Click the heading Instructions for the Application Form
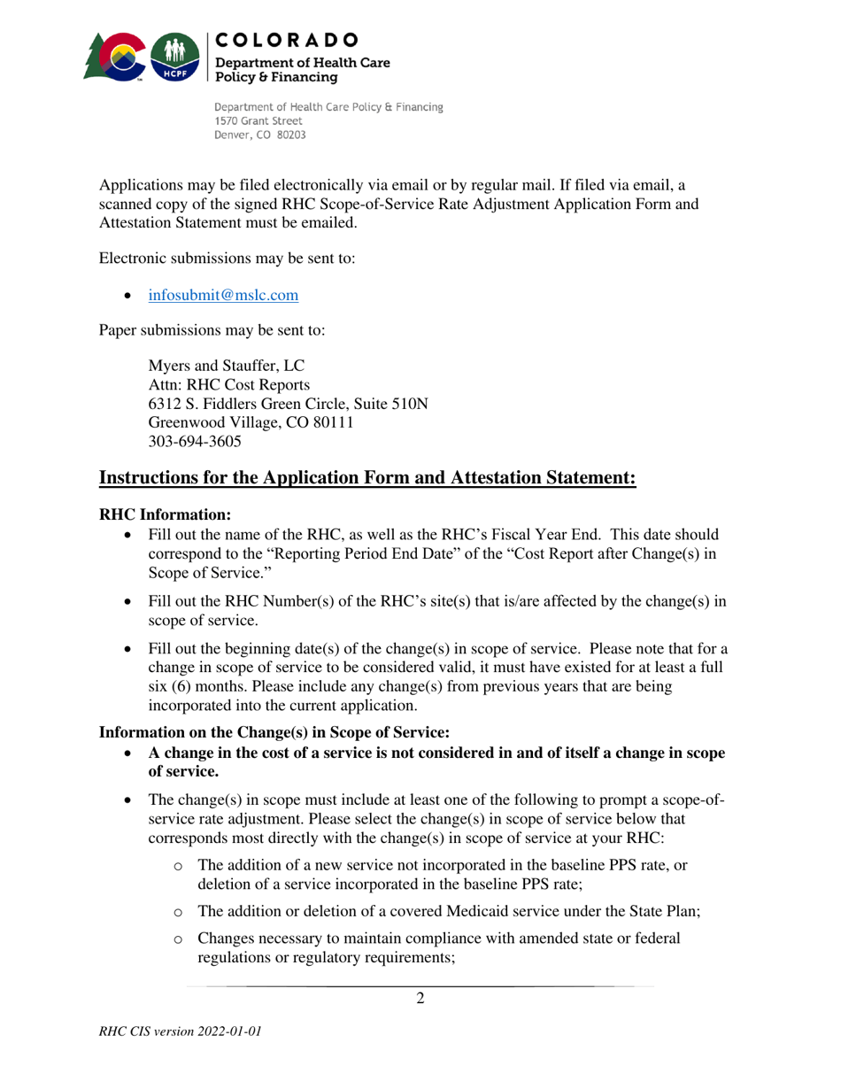(x=367, y=479)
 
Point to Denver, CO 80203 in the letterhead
(x=267, y=136)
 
